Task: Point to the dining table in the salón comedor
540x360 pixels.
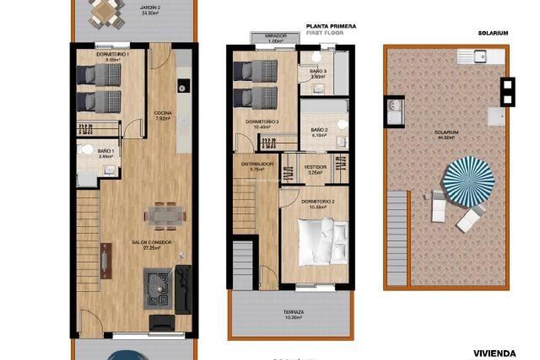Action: [x=165, y=216]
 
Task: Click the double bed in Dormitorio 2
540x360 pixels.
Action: [x=323, y=241]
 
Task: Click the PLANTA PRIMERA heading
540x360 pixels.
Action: [x=331, y=26]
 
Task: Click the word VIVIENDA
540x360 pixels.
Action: [x=494, y=353]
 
